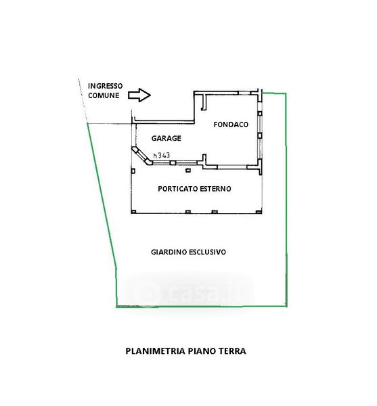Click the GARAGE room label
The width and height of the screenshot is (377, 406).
tap(166, 138)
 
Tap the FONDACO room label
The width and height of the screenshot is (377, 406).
tap(231, 125)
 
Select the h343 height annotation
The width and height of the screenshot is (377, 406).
tap(162, 155)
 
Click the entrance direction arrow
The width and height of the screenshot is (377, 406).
tap(139, 95)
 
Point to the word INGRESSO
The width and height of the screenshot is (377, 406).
tap(105, 86)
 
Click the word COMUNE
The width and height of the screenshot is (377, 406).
tap(104, 95)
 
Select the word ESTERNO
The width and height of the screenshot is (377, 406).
tap(216, 189)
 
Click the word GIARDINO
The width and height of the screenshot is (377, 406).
tap(169, 252)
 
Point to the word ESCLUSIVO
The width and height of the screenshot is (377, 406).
tap(207, 252)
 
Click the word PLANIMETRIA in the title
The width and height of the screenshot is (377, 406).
tap(156, 351)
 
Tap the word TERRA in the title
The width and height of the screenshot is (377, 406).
tap(232, 351)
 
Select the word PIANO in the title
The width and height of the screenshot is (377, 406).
tap(202, 351)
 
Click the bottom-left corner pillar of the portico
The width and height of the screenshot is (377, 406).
tap(133, 212)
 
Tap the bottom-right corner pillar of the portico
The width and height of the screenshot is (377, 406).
tap(259, 212)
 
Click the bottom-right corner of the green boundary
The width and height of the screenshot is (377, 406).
tap(286, 307)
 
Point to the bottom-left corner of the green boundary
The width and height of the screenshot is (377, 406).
tap(116, 307)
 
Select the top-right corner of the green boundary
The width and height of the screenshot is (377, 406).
tap(286, 93)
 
